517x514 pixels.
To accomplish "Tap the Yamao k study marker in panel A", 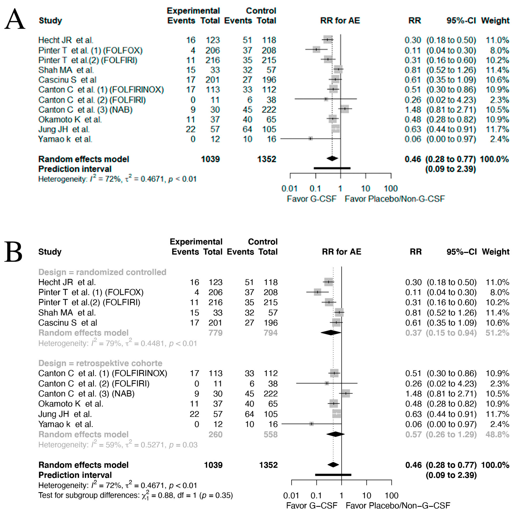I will pyautogui.click(x=310, y=138).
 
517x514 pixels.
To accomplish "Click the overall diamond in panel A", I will pyautogui.click(x=332, y=159).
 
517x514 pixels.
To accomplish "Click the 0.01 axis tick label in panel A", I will pyautogui.click(x=290, y=189).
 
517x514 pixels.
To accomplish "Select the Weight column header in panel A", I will pyautogui.click(x=495, y=21).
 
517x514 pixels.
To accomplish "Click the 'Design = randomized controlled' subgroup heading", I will pyautogui.click(x=102, y=272).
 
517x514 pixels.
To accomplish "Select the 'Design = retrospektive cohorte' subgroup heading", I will pyautogui.click(x=100, y=363).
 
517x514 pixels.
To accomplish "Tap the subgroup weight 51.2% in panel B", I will pyautogui.click(x=497, y=333).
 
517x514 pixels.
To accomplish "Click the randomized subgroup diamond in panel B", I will pyautogui.click(x=331, y=333).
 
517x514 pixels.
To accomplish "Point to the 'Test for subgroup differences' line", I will pyautogui.click(x=135, y=495).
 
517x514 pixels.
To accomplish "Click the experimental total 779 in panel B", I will pyautogui.click(x=215, y=333).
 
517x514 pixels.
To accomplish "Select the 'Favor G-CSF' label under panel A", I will pyautogui.click(x=311, y=199).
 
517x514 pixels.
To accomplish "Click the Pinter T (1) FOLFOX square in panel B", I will pyautogui.click(x=317, y=292).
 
